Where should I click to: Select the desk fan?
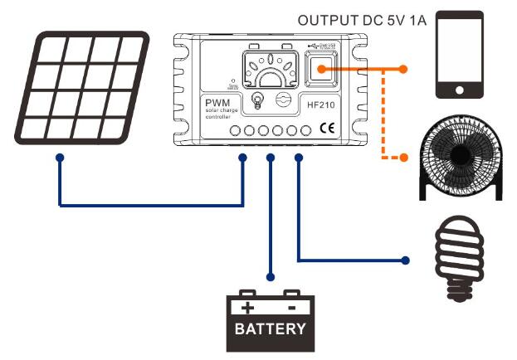coord(460,158)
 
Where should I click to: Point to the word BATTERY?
coord(270,329)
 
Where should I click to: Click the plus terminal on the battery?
coord(247,306)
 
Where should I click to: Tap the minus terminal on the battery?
coord(291,306)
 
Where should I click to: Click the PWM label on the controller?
coord(217,102)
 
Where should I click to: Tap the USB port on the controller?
coord(319,70)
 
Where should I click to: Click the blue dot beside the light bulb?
coord(406,260)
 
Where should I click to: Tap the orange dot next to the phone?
coord(404,69)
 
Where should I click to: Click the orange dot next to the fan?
coord(404,158)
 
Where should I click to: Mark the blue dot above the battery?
coord(270,276)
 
